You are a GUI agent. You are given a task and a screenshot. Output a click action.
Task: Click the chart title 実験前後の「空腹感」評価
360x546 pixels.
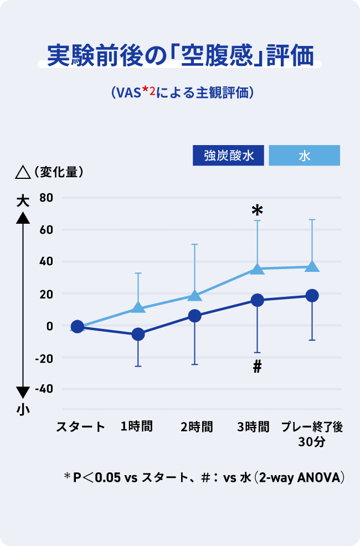coord(180,56)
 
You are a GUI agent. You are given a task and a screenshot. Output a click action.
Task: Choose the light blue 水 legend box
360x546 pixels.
coord(304,156)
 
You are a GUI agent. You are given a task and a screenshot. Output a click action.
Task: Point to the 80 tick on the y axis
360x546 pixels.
coord(46,198)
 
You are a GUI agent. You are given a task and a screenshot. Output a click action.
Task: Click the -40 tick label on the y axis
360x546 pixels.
coord(44,389)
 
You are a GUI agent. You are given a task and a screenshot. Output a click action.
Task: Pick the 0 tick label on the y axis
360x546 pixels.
coord(49,326)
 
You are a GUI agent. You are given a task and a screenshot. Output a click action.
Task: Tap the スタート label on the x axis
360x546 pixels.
coord(81,426)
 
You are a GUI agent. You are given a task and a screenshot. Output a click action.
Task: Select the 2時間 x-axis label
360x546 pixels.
coord(196,426)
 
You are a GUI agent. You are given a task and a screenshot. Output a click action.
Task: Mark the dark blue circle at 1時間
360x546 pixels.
coord(138,334)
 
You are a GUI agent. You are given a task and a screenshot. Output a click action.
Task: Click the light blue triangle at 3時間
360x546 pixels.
coord(257,269)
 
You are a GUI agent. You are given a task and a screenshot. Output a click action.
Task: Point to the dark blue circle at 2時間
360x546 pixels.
coord(194,316)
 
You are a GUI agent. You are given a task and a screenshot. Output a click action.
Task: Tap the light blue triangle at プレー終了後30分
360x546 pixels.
coord(312,266)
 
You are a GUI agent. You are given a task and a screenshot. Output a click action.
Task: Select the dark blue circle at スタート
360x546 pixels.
coord(78,327)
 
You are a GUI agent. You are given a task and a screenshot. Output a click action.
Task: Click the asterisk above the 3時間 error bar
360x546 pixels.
coord(257,211)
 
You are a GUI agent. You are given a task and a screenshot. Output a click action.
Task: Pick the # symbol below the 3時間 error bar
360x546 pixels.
coord(257,366)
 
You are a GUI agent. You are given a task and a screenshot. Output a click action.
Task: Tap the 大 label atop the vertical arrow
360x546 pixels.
coord(22,200)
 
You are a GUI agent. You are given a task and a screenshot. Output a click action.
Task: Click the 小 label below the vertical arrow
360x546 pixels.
coord(22,410)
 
